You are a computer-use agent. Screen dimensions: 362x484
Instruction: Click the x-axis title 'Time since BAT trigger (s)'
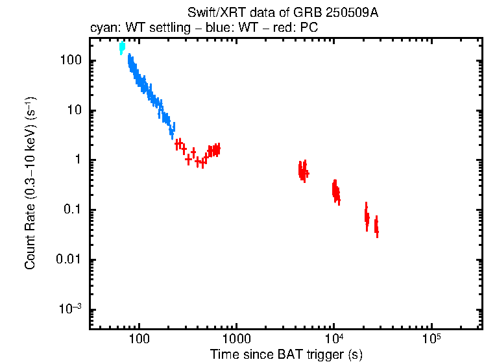pyautogui.click(x=286, y=354)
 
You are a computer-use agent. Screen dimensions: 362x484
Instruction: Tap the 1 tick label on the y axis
pyautogui.click(x=76, y=160)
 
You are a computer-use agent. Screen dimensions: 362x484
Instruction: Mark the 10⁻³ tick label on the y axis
pyautogui.click(x=70, y=309)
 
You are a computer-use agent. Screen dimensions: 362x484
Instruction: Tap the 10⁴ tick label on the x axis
pyautogui.click(x=333, y=339)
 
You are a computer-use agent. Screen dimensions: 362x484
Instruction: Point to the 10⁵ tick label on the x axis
pyautogui.click(x=431, y=339)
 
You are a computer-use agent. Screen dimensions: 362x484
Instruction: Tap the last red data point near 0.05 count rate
pyautogui.click(x=376, y=227)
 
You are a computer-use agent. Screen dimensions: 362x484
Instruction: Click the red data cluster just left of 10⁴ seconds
pyautogui.click(x=335, y=191)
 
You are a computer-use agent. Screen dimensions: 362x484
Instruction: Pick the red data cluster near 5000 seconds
pyautogui.click(x=303, y=171)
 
